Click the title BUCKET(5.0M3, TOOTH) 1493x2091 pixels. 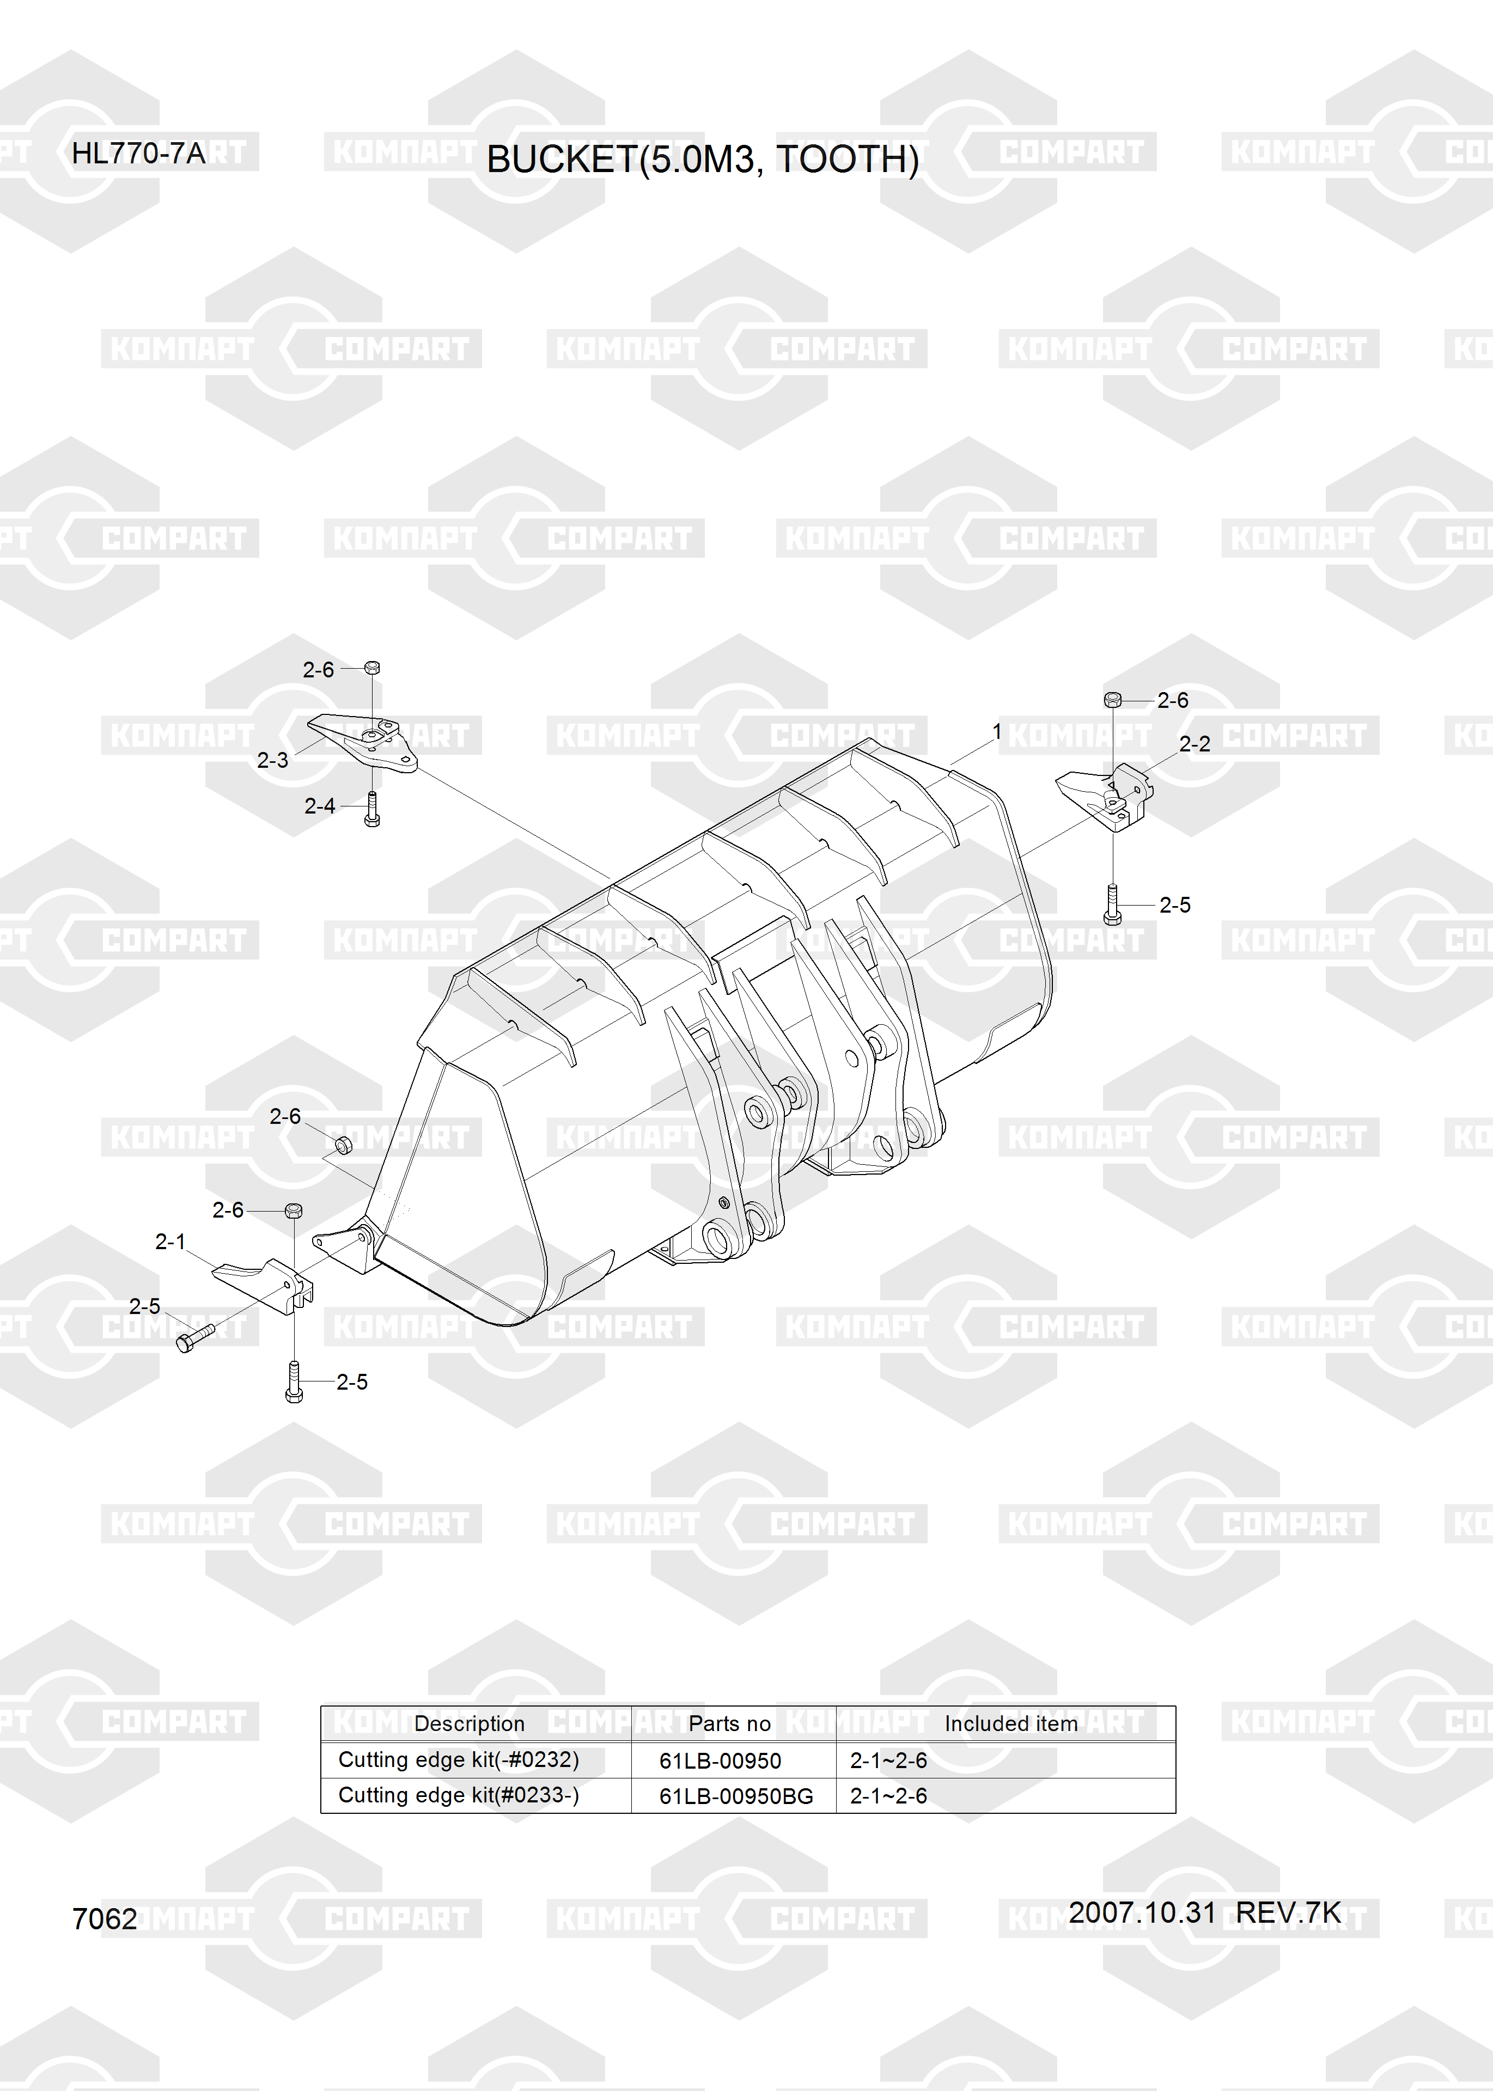(702, 160)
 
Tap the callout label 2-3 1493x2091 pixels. (272, 760)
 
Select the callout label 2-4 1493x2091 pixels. (320, 806)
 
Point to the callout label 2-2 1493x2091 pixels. (1195, 744)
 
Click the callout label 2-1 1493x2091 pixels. (170, 1242)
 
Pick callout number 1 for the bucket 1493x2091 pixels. (997, 732)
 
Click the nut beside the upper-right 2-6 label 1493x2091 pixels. (1112, 700)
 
